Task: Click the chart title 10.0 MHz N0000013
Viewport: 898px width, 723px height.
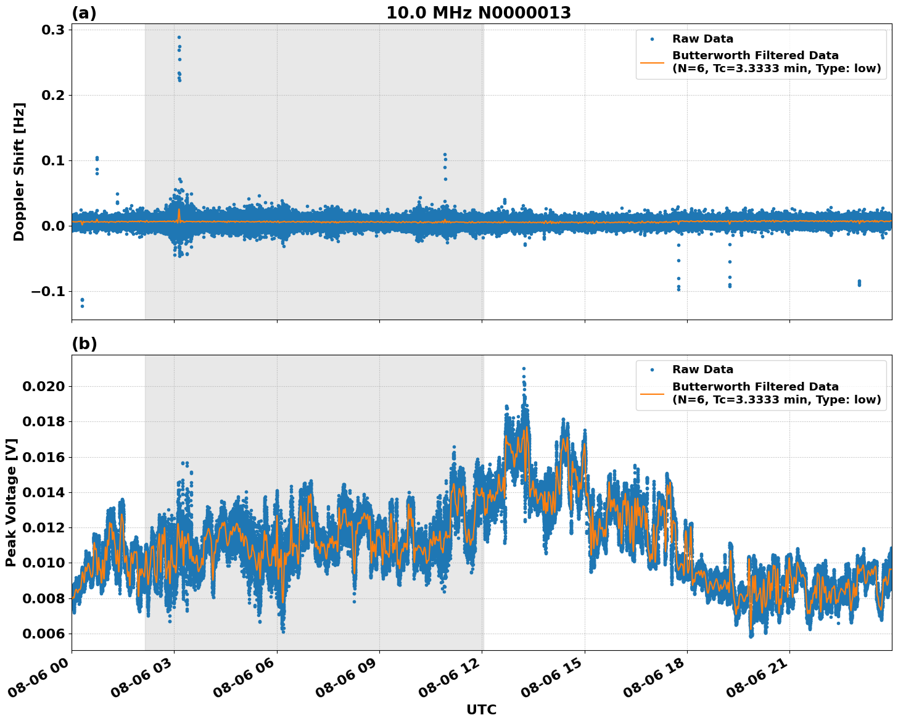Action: pos(478,13)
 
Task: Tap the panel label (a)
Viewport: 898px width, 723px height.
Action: pos(84,13)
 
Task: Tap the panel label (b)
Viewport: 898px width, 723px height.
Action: pos(84,344)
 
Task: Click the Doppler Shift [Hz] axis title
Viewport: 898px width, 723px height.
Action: pos(19,171)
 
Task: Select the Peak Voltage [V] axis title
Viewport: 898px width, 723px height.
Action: pos(11,502)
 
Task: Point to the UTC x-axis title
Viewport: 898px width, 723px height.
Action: pos(481,709)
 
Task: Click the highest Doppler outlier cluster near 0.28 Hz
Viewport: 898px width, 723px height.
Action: pos(179,38)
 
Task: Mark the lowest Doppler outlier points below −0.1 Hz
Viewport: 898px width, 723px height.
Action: pos(82,302)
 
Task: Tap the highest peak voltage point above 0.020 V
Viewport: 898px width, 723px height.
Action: pos(524,369)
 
